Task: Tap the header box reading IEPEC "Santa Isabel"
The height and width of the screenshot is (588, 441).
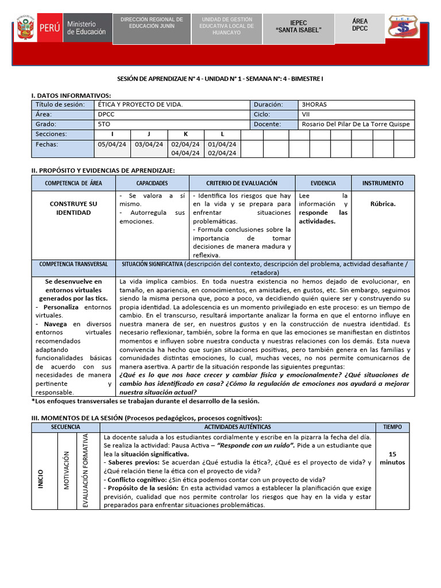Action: tap(299, 25)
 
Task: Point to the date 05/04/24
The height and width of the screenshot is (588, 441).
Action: tap(112, 144)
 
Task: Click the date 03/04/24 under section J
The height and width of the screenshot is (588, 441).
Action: tap(149, 144)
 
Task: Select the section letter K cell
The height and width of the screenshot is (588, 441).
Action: tap(185, 134)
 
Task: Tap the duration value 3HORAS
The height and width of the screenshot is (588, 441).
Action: tap(314, 105)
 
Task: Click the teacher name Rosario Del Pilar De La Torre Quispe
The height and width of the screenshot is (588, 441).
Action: tap(355, 124)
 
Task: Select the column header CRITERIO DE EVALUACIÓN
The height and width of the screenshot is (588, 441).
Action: tap(241, 183)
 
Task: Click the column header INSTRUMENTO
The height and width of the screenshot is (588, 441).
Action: tap(382, 183)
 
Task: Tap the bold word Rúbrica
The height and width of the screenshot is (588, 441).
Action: tap(382, 204)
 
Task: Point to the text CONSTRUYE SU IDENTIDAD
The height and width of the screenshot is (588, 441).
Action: tap(73, 208)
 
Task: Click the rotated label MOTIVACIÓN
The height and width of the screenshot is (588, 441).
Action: tap(67, 470)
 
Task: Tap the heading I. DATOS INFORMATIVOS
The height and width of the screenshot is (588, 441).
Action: tap(71, 95)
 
